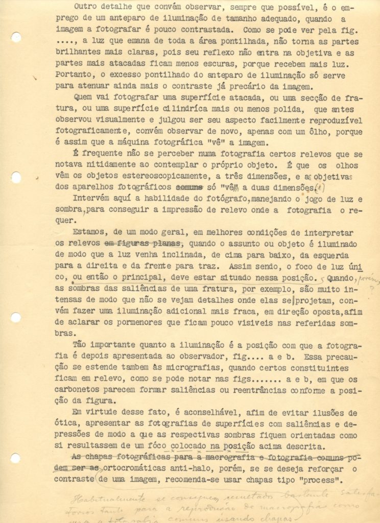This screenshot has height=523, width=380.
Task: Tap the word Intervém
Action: [91, 199]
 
